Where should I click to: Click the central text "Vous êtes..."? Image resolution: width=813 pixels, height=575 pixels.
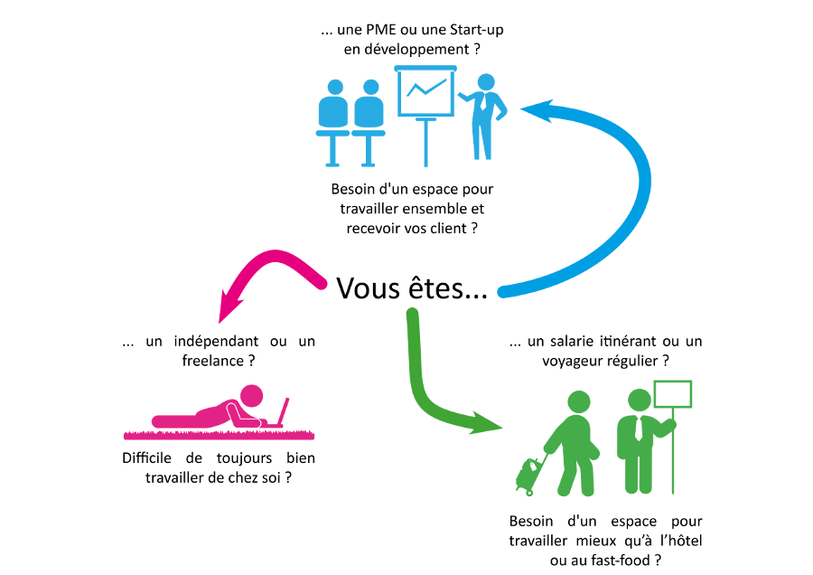point(412,288)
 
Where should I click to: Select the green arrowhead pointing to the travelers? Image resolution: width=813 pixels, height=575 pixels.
point(485,423)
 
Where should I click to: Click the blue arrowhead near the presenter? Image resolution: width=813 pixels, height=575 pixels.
point(537,110)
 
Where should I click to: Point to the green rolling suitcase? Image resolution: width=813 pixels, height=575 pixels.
point(528,476)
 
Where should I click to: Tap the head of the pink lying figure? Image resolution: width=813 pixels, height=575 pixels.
point(251,396)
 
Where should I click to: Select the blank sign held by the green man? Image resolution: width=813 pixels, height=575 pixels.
point(672,394)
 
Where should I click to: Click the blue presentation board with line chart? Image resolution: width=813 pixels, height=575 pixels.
point(425,92)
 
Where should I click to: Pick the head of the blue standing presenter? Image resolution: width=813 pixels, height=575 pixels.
point(486,82)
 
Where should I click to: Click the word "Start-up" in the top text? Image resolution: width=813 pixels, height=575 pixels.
point(476,30)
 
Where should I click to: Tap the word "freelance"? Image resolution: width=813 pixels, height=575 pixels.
point(212,360)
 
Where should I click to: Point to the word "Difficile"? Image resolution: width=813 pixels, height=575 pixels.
point(146,457)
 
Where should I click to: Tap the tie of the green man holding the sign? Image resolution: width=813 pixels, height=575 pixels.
point(640,429)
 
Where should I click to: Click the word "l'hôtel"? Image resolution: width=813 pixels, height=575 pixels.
point(681,541)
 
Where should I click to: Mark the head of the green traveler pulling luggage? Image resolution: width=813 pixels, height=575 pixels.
point(579,402)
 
